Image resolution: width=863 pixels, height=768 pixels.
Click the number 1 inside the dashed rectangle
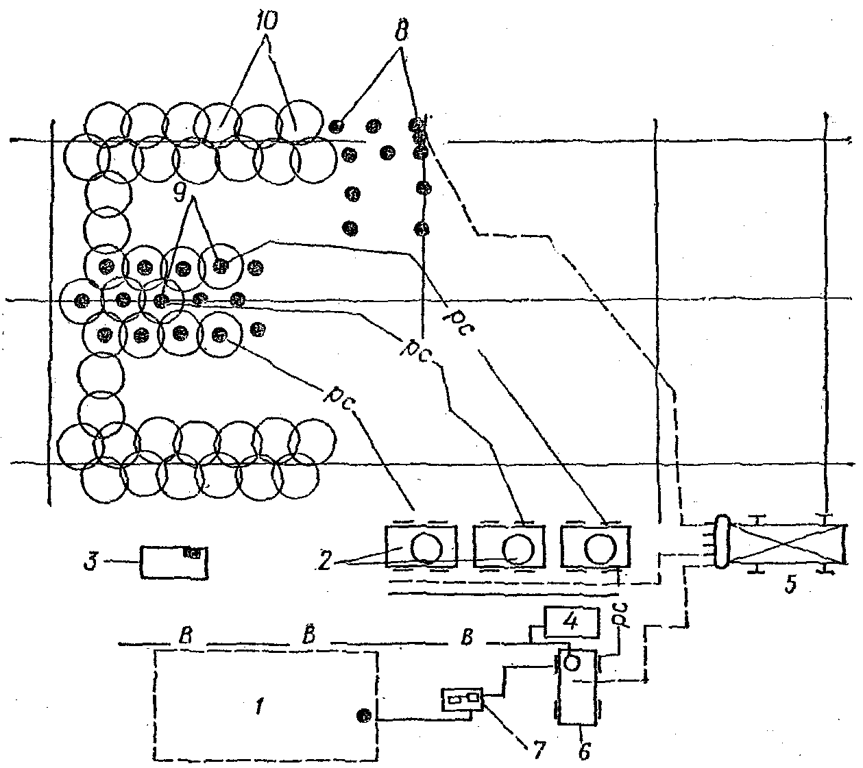point(258,708)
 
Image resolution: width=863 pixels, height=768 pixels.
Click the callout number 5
point(790,585)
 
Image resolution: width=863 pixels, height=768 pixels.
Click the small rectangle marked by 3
point(174,562)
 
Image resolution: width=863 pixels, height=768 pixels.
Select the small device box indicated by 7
point(463,700)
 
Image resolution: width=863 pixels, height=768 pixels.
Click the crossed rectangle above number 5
point(788,545)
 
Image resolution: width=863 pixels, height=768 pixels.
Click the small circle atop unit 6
point(571,662)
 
